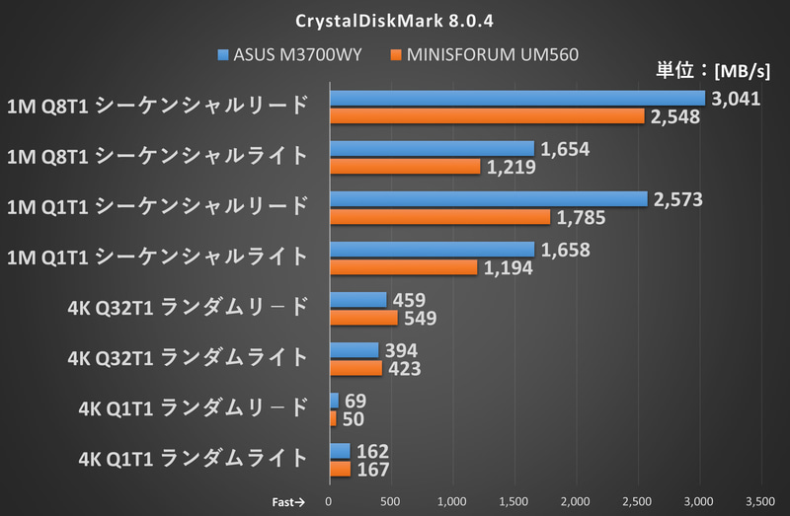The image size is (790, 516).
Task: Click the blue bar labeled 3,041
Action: [x=517, y=99]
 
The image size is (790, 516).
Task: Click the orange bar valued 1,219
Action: [x=405, y=167]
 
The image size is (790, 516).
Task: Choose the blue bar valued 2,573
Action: [x=489, y=199]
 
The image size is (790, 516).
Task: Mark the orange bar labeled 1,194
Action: [x=403, y=267]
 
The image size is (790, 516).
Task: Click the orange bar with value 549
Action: [x=363, y=318]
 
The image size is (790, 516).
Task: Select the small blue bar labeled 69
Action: [x=334, y=400]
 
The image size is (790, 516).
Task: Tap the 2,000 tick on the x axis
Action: [x=575, y=501]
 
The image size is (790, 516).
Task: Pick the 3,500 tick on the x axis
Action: [x=759, y=501]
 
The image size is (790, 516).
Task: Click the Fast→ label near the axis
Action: [x=287, y=501]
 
